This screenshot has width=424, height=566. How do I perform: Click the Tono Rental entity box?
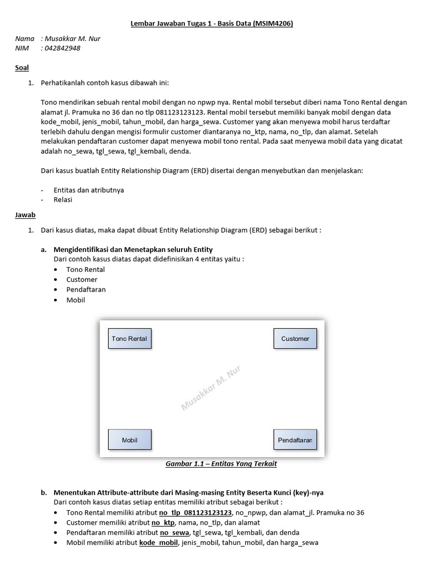coord(129,338)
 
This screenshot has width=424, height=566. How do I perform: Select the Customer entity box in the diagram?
coord(295,338)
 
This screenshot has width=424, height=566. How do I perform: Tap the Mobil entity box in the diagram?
coord(129,440)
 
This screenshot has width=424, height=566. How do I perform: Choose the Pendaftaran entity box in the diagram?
coord(295,440)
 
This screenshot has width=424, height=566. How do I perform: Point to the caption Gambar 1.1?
coord(221,464)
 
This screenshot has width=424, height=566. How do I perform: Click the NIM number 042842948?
coord(62,48)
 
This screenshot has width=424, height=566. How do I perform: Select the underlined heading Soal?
coord(22,67)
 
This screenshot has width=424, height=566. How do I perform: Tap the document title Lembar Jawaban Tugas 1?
coord(211,24)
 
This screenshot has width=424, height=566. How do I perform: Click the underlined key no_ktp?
coord(163,522)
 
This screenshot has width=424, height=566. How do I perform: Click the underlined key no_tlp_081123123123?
coord(195,512)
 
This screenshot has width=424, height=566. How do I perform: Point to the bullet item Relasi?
coord(62,200)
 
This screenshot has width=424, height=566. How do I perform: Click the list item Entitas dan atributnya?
coord(88,190)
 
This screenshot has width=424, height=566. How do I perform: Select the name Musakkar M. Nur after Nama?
coord(72,39)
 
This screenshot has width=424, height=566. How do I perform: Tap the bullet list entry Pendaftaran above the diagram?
coord(86,290)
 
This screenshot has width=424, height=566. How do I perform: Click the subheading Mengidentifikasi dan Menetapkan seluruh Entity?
coord(132,249)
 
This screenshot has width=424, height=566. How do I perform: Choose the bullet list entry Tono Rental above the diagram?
coord(85,270)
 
